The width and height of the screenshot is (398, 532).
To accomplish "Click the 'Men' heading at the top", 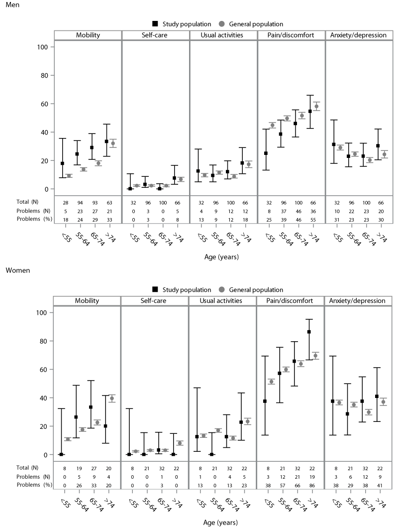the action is pos(12,5).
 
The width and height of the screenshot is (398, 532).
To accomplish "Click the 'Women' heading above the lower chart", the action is pos(17,270).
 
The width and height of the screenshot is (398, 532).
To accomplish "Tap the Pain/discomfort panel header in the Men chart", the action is pos(291,35).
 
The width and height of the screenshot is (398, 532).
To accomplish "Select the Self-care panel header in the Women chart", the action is pos(153,300).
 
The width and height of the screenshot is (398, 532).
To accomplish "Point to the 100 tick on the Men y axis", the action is pos(43,47).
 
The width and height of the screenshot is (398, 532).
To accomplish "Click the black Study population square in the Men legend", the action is pos(155,24).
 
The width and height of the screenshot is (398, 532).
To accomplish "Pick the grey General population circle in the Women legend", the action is pos(222,289).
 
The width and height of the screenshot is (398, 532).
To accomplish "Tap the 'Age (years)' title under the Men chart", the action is pos(221,257).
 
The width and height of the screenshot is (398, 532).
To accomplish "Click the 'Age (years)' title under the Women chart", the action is pos(220,523).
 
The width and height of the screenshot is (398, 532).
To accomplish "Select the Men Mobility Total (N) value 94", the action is pos(80,203).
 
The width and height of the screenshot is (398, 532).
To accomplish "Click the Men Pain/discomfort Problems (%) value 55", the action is pos(313,220).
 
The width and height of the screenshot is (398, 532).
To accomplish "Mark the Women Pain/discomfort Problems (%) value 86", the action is pos(312,485).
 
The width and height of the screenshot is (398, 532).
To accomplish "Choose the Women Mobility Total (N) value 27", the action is pos(94,468).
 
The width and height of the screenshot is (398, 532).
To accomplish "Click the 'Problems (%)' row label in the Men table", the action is pos(34,219).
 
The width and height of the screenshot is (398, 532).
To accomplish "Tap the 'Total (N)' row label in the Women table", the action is pos(27,468).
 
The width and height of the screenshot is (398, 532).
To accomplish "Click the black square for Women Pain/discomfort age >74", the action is pos(309,332).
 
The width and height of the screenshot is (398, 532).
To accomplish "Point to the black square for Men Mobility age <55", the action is pos(62,163).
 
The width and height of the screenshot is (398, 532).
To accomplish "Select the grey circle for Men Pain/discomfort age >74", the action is pos(316,106).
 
